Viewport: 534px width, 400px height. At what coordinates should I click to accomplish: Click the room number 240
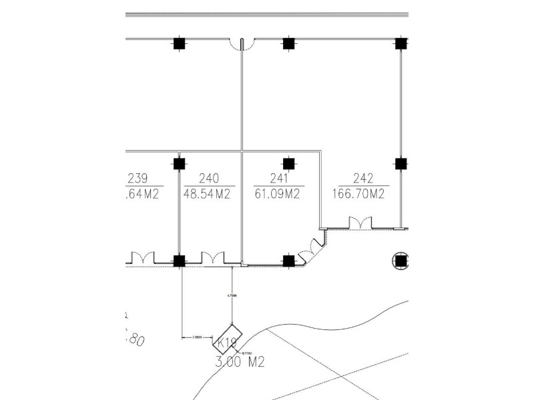click(x=209, y=179)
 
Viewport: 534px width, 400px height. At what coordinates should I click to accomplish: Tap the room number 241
click(x=279, y=179)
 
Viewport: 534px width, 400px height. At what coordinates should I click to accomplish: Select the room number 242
click(x=362, y=179)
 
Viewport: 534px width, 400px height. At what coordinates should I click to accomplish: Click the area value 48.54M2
click(x=206, y=195)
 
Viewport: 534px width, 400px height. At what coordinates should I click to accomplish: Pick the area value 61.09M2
click(x=276, y=195)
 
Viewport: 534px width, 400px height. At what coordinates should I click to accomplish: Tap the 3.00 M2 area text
click(x=240, y=363)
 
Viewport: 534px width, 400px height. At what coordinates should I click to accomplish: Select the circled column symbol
click(x=400, y=261)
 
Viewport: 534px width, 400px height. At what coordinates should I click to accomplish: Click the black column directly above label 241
click(x=288, y=163)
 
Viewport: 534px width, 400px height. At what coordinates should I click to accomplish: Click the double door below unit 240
click(x=213, y=257)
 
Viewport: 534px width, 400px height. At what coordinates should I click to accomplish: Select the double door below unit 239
click(x=142, y=257)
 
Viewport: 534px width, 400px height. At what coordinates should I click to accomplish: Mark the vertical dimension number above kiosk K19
click(x=231, y=294)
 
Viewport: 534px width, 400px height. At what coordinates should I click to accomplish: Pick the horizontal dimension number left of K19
click(x=198, y=338)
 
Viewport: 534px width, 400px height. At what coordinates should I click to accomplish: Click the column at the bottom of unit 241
click(x=288, y=261)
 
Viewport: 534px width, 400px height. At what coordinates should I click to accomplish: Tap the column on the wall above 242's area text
click(x=400, y=163)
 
